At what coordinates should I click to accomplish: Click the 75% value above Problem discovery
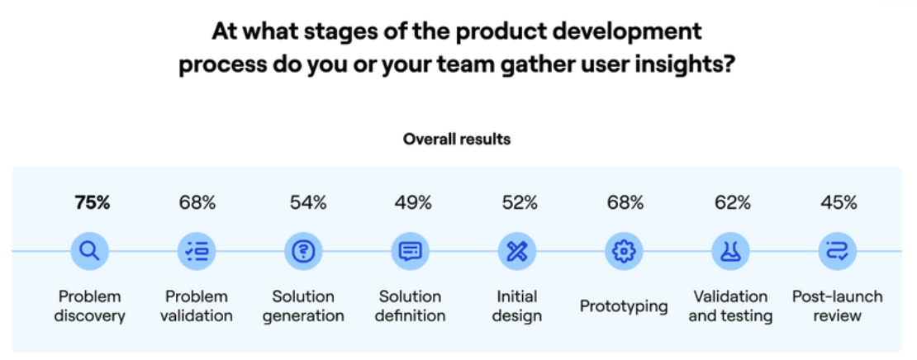[92, 203]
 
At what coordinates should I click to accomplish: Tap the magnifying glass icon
[89, 251]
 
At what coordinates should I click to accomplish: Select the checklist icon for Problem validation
[197, 251]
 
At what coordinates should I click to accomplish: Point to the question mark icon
[303, 251]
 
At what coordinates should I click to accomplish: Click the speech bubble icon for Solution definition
[410, 251]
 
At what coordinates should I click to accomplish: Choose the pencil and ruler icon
[517, 251]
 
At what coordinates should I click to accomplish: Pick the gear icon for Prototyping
[624, 251]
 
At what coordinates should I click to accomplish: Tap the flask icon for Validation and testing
[730, 251]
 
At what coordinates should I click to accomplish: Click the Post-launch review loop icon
[838, 251]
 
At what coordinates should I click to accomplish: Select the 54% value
[308, 203]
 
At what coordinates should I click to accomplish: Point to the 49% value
[413, 203]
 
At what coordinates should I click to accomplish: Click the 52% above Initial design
[520, 203]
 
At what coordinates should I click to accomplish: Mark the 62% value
[732, 203]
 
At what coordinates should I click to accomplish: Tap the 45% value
[839, 203]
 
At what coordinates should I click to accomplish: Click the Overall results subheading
[457, 140]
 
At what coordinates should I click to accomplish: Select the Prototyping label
[624, 306]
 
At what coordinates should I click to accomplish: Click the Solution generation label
[303, 306]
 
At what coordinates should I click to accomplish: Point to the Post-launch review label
[838, 306]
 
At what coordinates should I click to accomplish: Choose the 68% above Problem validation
[197, 203]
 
